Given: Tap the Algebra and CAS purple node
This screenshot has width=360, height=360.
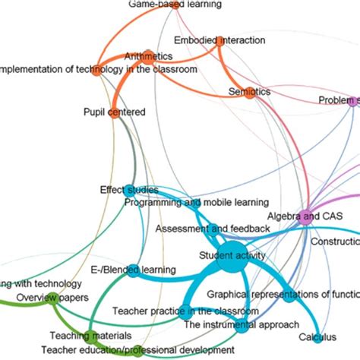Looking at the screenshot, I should [304, 216].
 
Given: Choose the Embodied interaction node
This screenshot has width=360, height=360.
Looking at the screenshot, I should [220, 43].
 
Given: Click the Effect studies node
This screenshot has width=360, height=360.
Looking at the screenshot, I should [129, 190].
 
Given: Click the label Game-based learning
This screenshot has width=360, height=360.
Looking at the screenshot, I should [175, 5].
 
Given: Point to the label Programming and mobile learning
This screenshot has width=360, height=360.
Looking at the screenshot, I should [196, 203].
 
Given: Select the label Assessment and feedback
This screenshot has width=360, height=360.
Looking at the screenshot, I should [213, 228].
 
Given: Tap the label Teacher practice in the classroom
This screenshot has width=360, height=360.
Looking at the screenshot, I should [185, 311].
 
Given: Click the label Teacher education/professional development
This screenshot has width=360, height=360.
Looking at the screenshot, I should [138, 350].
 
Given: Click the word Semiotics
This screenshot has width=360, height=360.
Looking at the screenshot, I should [249, 92].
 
